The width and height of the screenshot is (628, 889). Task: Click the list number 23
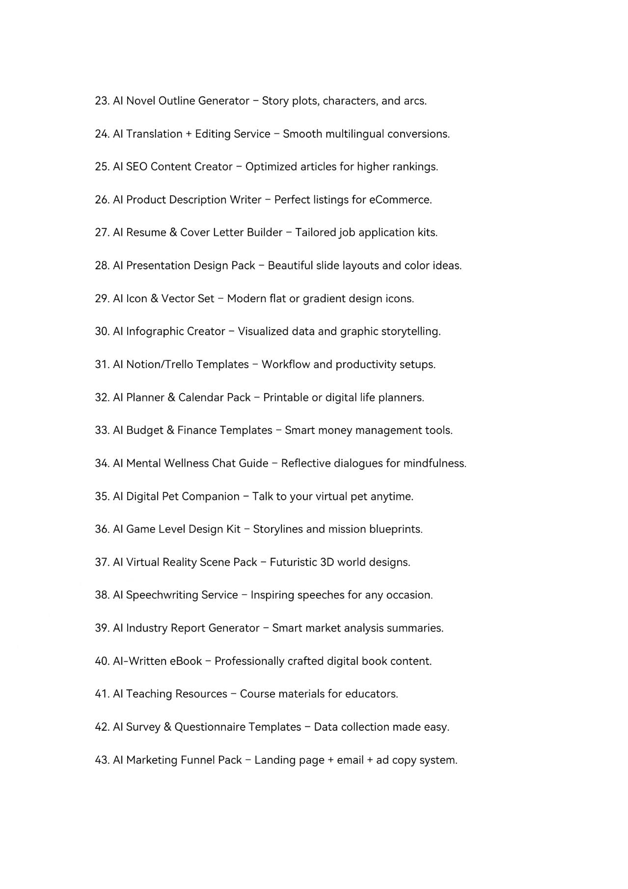tap(102, 101)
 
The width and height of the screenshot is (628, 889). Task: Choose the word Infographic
tap(154, 331)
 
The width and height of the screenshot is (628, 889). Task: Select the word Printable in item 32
tap(286, 397)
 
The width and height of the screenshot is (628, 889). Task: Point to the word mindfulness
tap(434, 463)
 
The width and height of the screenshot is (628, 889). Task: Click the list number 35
tap(102, 496)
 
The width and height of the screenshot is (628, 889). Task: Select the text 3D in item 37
tap(327, 562)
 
